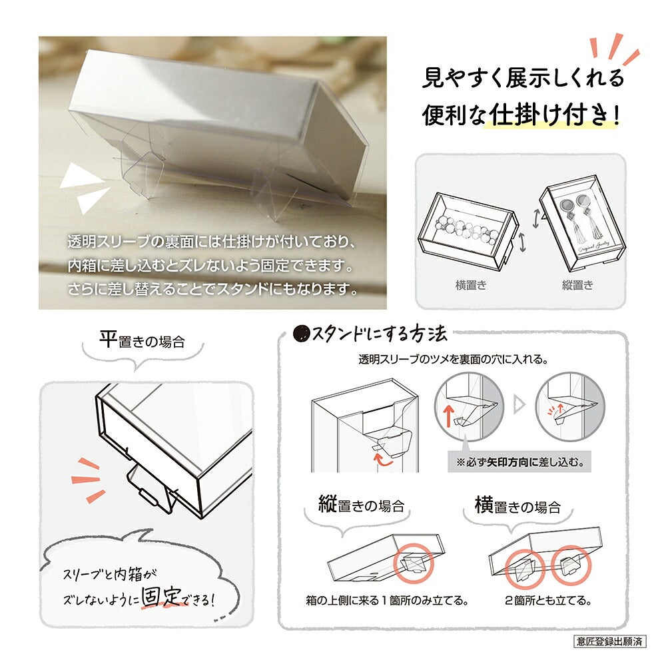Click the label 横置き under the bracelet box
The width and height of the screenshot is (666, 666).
(471, 285)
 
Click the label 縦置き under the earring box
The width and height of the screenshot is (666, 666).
(577, 285)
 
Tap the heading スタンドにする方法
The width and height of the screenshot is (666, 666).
(380, 334)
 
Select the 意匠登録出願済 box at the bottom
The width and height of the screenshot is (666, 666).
(609, 641)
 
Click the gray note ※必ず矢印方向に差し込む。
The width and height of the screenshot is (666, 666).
(519, 462)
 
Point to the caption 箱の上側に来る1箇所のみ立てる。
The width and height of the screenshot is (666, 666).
(388, 601)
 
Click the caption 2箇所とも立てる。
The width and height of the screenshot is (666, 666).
(548, 601)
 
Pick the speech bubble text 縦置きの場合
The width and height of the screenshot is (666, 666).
(362, 505)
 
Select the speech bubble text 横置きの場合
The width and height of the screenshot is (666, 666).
(517, 505)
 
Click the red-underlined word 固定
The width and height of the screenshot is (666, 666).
(161, 597)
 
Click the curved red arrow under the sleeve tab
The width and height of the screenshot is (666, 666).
(384, 460)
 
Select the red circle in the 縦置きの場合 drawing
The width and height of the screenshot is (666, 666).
(414, 563)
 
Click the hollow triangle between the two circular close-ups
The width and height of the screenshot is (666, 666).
(519, 404)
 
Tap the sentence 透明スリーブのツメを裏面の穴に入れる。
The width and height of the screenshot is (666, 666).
(453, 360)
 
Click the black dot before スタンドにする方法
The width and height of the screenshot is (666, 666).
(302, 334)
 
